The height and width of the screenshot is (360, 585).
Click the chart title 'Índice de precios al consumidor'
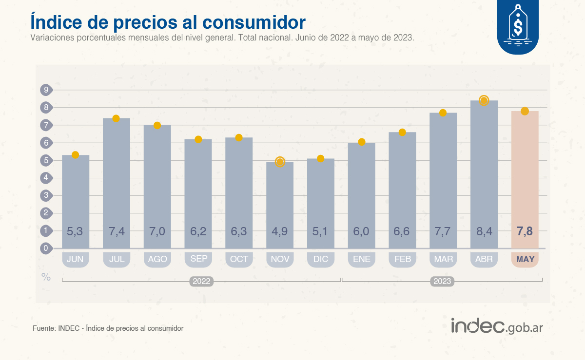[x=168, y=22]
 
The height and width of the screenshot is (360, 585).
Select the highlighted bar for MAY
[x=525, y=180]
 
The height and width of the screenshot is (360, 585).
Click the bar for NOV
[x=280, y=205]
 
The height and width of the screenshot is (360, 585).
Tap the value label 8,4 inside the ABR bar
[x=484, y=231]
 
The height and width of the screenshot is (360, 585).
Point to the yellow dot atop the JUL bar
[x=116, y=118]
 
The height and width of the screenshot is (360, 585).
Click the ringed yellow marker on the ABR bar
[x=484, y=101]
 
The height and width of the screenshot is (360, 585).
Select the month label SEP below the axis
[x=198, y=259]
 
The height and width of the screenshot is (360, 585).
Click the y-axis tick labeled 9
[x=46, y=90]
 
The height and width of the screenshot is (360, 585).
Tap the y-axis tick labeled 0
[x=46, y=248]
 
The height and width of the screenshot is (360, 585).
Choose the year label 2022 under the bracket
[x=201, y=282]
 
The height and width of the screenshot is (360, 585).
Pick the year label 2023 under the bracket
[x=442, y=282]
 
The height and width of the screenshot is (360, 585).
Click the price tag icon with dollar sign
[x=518, y=24]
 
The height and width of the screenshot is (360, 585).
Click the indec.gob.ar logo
[x=497, y=326]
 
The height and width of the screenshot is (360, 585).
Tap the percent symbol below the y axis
[x=46, y=277]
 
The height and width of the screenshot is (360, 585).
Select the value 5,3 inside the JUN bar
[x=75, y=231]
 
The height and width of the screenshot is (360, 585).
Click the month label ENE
[x=361, y=259]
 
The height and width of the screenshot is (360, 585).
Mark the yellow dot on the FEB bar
[x=402, y=133]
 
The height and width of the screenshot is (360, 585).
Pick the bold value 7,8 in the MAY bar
[x=525, y=231]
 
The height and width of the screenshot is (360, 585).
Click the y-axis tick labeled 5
[x=46, y=160]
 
